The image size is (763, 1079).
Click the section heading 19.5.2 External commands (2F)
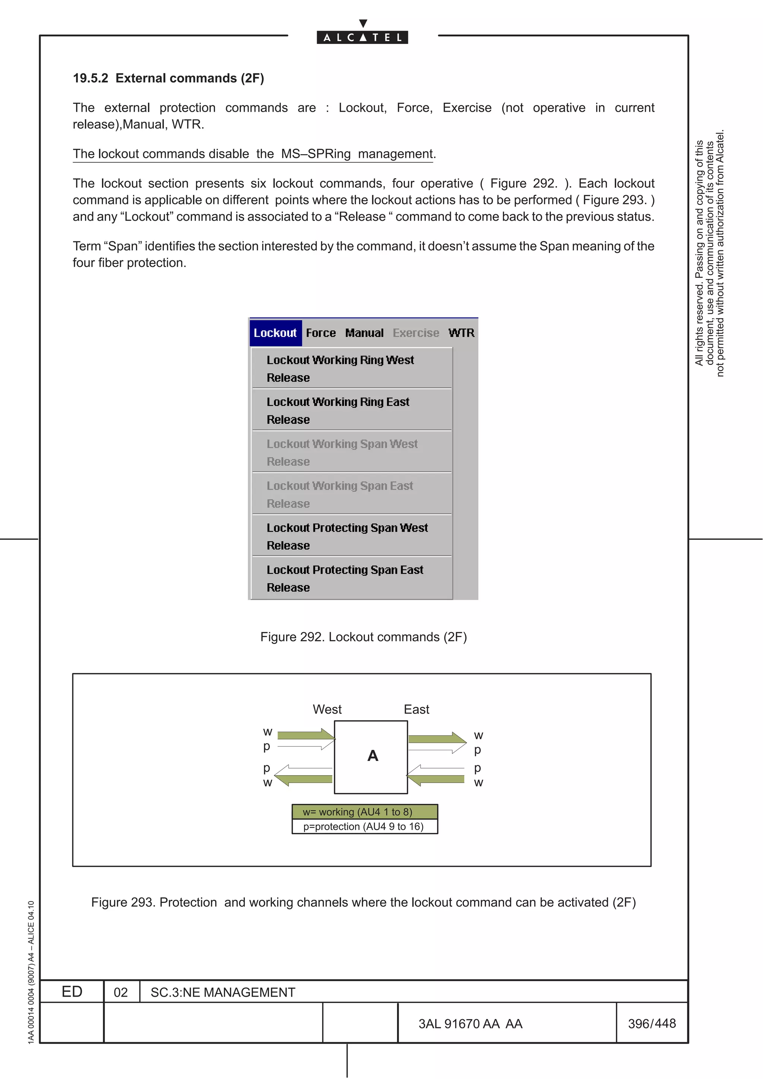click(x=168, y=78)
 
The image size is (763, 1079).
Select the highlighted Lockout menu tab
click(x=275, y=333)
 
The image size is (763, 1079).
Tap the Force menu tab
click(x=321, y=333)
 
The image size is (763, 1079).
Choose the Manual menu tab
click(x=364, y=333)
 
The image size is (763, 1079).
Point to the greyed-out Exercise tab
click(x=415, y=333)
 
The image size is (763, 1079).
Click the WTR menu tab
click(x=461, y=333)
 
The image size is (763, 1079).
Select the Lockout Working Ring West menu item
click(x=340, y=360)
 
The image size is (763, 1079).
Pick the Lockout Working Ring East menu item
click(x=338, y=402)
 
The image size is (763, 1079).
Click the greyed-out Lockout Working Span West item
click(x=342, y=444)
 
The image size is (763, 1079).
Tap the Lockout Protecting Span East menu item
click(x=345, y=570)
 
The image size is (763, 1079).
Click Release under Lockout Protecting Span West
click(x=288, y=545)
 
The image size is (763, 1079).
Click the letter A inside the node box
click(x=372, y=756)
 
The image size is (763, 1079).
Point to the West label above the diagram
click(x=327, y=709)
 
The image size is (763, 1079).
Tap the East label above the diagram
click(x=416, y=709)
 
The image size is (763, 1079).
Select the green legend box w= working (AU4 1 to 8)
click(x=364, y=812)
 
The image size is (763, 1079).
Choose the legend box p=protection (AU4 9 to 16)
click(x=364, y=827)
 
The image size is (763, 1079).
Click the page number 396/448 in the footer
click(x=652, y=1023)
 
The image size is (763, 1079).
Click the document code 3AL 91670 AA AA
click(x=470, y=1024)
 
